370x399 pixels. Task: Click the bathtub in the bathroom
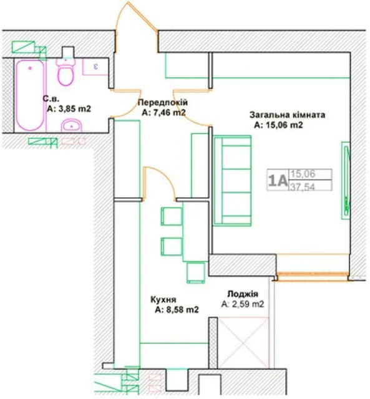(29, 95)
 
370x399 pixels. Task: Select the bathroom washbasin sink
(71, 125)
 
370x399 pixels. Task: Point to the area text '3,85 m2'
(75, 109)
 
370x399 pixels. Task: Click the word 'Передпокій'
(163, 102)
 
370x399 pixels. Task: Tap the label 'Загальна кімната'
(287, 115)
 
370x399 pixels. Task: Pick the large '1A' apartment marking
(278, 181)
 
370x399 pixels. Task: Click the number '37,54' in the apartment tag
(303, 187)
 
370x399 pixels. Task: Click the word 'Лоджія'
(243, 294)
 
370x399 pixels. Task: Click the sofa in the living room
(233, 180)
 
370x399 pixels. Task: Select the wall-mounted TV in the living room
(346, 180)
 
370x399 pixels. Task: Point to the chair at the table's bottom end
(195, 273)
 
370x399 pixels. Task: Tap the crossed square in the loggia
(243, 342)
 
